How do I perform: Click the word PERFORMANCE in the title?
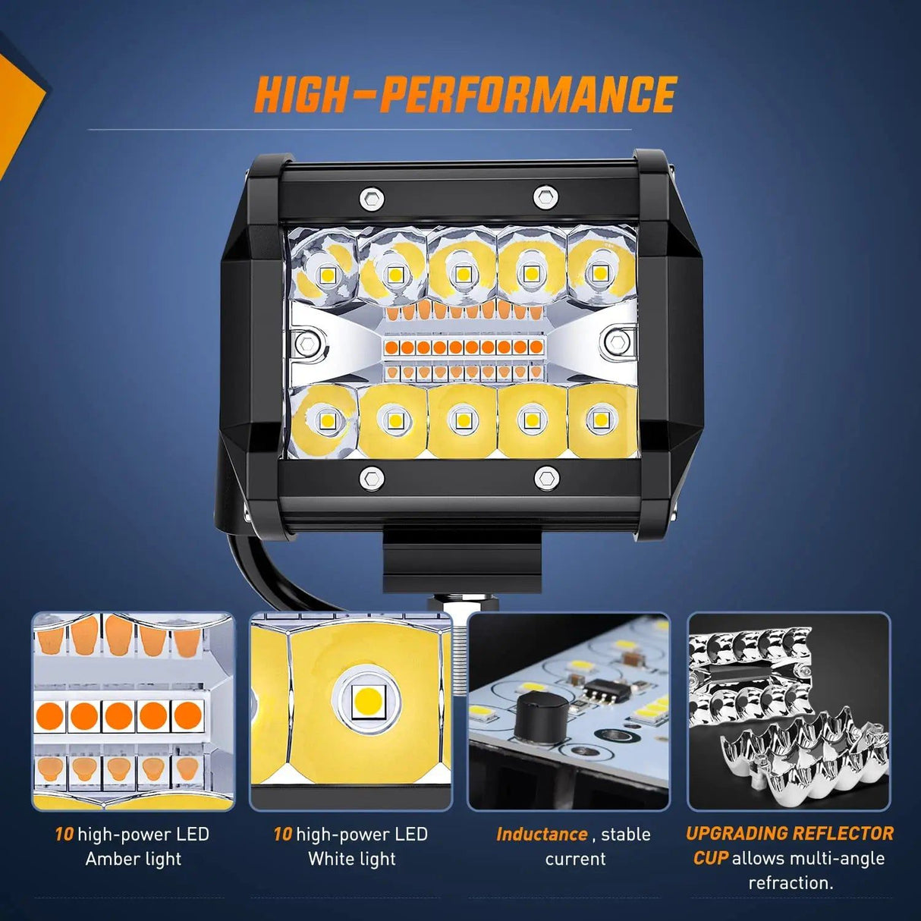click(528, 95)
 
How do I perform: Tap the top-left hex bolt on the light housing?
click(371, 199)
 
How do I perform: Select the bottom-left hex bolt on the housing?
click(371, 479)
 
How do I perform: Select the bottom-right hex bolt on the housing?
click(546, 479)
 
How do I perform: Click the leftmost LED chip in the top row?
click(328, 275)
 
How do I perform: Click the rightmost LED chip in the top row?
click(600, 273)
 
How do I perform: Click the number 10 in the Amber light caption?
click(64, 835)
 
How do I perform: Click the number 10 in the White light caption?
click(282, 835)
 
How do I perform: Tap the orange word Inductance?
click(542, 835)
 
